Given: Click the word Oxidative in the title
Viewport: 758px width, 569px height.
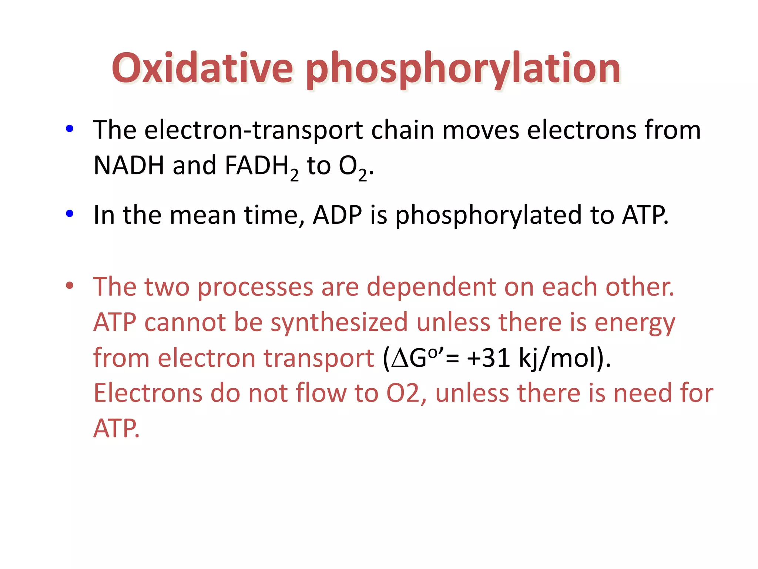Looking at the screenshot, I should [202, 69].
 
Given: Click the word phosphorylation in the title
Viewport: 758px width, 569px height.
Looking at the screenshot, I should [463, 69].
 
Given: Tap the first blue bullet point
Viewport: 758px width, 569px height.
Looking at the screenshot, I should [69, 129].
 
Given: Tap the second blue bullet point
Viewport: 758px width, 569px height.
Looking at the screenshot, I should [69, 213].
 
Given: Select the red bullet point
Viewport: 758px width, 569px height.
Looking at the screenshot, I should [69, 286].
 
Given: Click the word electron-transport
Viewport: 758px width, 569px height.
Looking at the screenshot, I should [253, 130].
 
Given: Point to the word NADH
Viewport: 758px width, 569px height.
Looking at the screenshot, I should [129, 166].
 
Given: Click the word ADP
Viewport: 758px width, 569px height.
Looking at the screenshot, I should [337, 215].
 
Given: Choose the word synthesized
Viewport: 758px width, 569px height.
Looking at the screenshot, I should [339, 323].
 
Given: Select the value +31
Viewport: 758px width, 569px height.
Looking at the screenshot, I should [489, 358].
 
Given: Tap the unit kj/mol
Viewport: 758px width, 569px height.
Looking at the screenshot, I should [557, 359].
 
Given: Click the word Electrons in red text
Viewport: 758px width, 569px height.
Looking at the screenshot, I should [148, 393].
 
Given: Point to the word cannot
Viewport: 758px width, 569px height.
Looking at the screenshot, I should [185, 323].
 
